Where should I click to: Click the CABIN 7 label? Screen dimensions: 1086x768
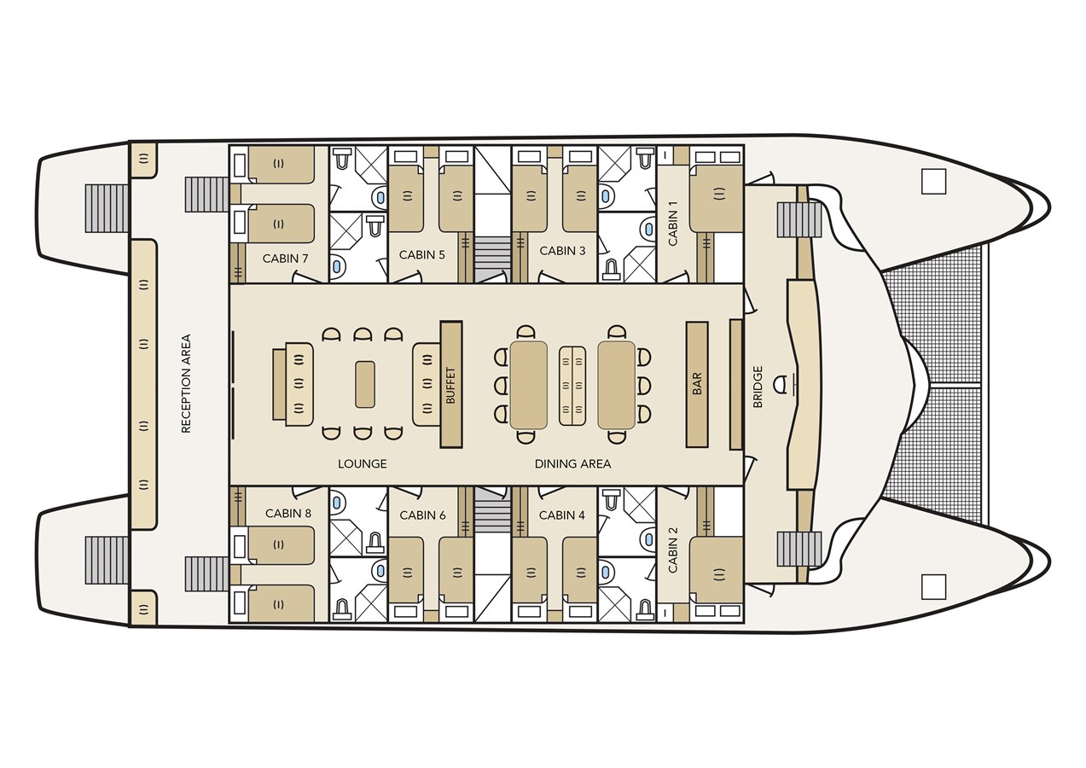click(281, 258)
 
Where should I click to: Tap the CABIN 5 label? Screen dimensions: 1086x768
click(421, 254)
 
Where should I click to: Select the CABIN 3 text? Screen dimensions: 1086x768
click(562, 251)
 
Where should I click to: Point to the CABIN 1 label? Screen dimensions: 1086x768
click(673, 224)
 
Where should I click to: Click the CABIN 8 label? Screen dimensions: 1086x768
click(288, 513)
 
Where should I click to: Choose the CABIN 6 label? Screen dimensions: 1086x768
click(422, 515)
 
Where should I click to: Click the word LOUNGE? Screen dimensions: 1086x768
click(362, 463)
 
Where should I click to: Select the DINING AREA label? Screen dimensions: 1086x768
click(572, 463)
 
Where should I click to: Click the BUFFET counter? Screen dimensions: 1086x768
click(450, 384)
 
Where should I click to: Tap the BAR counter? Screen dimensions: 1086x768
click(697, 384)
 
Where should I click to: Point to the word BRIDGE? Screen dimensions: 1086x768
click(758, 387)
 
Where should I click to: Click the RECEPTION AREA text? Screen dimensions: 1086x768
click(186, 383)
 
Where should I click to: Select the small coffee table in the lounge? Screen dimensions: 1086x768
click(364, 384)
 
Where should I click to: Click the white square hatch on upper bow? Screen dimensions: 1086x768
click(933, 182)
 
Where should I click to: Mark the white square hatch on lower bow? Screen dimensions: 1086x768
click(933, 586)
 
